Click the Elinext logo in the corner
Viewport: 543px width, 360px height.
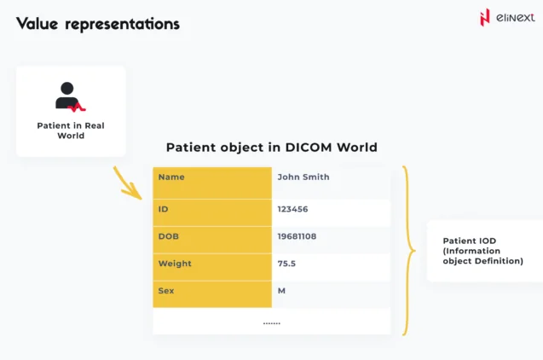(x=507, y=19)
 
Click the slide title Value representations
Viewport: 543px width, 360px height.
(x=98, y=24)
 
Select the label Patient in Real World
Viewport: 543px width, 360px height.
(x=70, y=130)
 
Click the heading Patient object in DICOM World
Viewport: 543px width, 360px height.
(x=271, y=147)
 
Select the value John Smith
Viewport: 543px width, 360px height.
(x=303, y=177)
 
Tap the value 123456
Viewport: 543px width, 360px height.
(x=292, y=208)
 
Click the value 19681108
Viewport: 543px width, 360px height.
(x=297, y=236)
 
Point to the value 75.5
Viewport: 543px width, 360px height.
(x=286, y=264)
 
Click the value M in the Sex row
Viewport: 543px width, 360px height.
(x=281, y=291)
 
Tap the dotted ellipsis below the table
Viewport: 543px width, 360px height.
(x=271, y=322)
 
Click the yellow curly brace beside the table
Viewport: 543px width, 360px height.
(x=409, y=251)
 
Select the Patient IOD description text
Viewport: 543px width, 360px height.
(x=482, y=251)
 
